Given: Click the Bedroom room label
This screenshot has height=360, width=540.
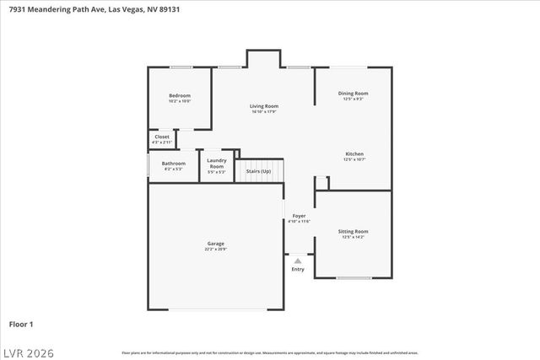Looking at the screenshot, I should pos(179,95).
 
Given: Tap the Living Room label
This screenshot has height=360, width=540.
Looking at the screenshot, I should pos(264,106).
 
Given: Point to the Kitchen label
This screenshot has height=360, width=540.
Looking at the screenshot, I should pos(354,153).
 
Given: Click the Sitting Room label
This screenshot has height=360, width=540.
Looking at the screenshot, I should pos(354,231).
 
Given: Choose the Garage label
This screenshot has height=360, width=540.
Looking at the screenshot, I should pos(215,244).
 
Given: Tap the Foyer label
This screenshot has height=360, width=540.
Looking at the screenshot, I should pos(299,216).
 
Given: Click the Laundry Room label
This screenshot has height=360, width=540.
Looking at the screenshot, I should pos(217,164).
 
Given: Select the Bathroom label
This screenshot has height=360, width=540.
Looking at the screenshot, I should pos(174,163).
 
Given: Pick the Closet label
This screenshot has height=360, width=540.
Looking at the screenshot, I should pos(161,137).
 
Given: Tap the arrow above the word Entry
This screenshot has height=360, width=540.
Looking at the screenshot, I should pos(298,261).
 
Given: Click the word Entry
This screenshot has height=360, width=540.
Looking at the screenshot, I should pos(298,270).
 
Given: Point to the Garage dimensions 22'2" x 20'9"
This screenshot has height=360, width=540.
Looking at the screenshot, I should pos(215,250).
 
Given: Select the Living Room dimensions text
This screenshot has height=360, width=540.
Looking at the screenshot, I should pos(264,112).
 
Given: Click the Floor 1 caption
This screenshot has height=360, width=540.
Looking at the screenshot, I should pos(21,324).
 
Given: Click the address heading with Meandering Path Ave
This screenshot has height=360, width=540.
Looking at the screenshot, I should pos(93,9).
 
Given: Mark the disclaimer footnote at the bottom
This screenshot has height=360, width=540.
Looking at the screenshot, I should pos(269,352).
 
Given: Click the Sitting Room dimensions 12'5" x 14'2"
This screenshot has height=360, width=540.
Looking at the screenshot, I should pos(354,237).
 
